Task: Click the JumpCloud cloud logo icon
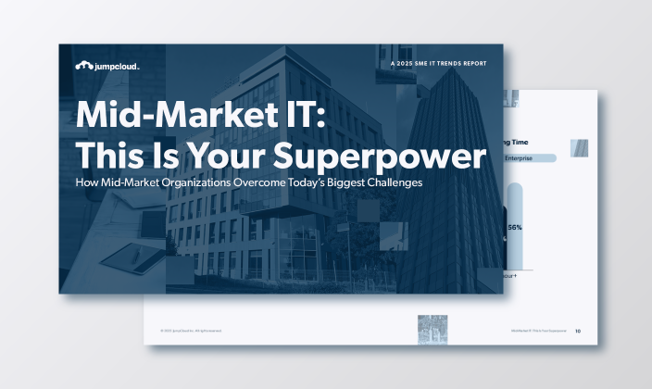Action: tap(83, 66)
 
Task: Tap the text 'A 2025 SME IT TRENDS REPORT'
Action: tap(440, 63)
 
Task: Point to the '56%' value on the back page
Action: tap(514, 228)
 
